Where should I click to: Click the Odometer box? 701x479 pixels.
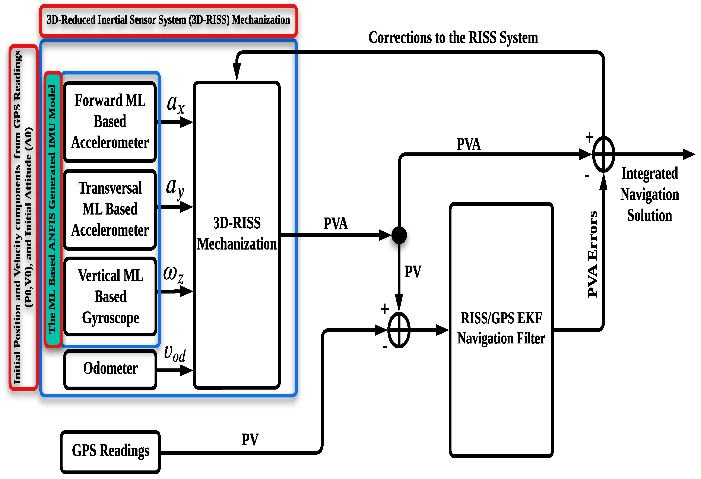[110, 369]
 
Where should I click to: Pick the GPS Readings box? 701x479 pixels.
[110, 451]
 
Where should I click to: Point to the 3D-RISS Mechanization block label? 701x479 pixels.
[237, 234]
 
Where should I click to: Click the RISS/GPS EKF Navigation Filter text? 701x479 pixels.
[501, 328]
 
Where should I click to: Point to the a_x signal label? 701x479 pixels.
[175, 104]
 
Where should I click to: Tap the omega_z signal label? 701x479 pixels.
[174, 275]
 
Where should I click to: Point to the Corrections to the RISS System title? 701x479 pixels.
[453, 38]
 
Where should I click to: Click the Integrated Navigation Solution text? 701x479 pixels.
[649, 194]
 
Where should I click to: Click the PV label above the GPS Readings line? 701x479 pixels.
[250, 440]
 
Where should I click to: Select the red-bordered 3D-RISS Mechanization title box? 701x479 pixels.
[168, 20]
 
